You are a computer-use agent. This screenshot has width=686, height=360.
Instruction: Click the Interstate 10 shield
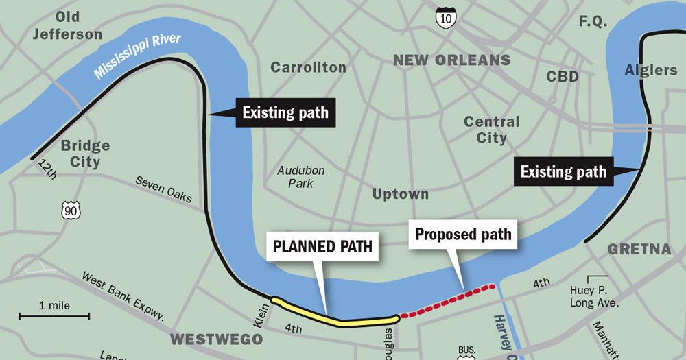point(445,17)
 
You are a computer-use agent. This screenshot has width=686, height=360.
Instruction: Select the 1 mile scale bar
point(54,315)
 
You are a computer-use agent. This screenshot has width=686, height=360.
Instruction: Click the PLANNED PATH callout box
point(322,246)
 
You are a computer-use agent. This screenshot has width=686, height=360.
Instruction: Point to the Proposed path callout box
point(464,235)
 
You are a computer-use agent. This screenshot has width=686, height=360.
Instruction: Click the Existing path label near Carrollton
point(285,112)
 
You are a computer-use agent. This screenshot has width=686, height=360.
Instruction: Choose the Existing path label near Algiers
point(563,171)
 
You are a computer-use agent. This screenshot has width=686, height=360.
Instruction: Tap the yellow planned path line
point(336,317)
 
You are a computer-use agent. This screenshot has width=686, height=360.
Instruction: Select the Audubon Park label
point(301,177)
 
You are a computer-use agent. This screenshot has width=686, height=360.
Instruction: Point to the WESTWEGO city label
point(216,339)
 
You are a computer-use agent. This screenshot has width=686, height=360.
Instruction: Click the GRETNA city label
point(639,250)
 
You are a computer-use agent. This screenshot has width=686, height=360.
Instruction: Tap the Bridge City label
point(85,154)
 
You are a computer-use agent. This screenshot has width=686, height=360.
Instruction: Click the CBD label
point(563,77)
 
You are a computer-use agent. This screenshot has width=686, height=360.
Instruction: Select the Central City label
point(492,130)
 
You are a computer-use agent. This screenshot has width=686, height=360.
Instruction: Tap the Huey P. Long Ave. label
point(594,296)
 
